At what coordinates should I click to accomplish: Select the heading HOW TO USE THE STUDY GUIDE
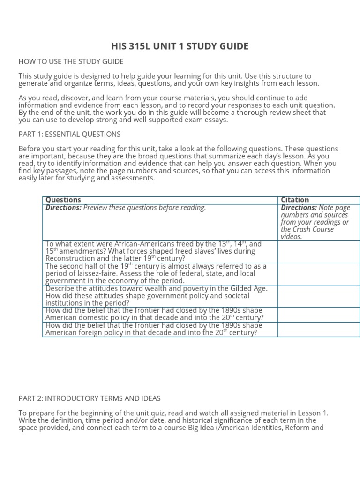(71, 61)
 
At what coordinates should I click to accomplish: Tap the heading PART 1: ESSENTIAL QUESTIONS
(69, 134)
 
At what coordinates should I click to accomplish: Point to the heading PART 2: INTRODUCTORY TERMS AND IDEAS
(90, 398)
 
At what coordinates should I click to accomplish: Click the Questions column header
(63, 200)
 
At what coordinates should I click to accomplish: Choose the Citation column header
(295, 200)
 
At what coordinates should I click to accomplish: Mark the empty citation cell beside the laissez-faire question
(318, 274)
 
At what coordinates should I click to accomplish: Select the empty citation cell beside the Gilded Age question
(318, 296)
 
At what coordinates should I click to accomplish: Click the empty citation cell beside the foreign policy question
(318, 329)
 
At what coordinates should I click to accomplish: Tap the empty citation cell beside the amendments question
(318, 252)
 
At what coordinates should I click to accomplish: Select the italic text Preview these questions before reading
(144, 208)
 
